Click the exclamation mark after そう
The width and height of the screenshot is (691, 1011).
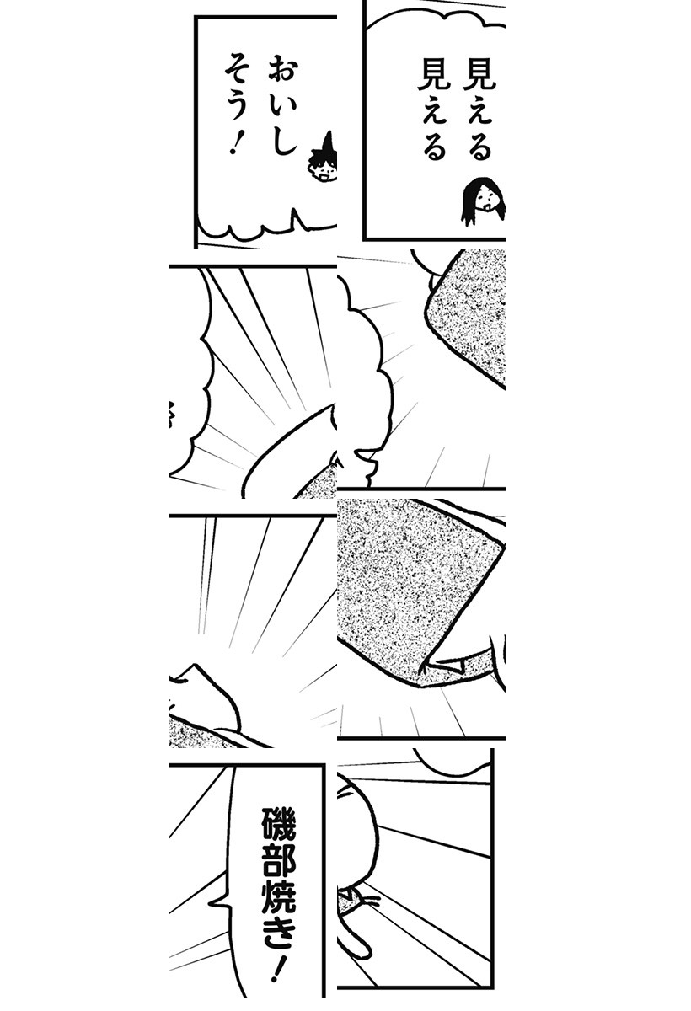pos(235,142)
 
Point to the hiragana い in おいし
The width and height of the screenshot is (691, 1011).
pos(284,107)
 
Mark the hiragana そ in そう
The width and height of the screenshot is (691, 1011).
pos(237,67)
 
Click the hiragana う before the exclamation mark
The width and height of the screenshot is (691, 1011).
pos(237,104)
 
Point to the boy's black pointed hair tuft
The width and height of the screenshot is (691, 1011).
pos(328,142)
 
